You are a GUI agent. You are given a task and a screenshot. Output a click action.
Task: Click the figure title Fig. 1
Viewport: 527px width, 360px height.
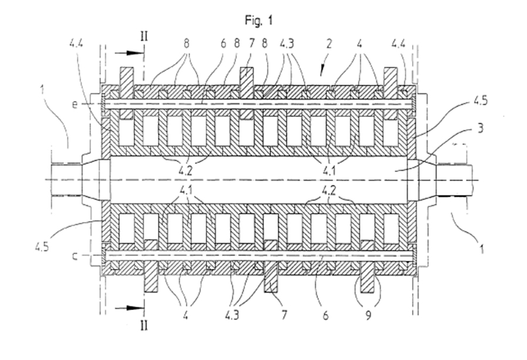coord(258,21)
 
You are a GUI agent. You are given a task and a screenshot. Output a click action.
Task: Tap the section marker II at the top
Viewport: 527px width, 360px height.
coord(144,36)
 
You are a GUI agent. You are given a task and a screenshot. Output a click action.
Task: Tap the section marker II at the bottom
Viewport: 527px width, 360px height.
coord(144,326)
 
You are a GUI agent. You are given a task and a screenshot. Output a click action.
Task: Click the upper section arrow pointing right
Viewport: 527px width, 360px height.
coord(129,53)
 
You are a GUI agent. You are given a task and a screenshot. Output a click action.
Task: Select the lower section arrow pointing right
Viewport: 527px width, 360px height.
coord(129,308)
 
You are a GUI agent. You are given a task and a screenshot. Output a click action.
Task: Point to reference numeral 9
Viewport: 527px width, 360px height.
coord(369,315)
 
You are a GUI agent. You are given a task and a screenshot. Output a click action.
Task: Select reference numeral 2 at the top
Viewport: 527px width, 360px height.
coord(329,43)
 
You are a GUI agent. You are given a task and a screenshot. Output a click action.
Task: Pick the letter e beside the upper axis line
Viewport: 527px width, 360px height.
coord(75,104)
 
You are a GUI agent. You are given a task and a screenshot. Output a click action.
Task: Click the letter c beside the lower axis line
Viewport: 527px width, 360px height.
coord(75,257)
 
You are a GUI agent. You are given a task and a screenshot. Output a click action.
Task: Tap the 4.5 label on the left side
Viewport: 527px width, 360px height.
coord(42,247)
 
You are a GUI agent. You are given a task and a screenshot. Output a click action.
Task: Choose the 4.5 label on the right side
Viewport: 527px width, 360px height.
coord(481,100)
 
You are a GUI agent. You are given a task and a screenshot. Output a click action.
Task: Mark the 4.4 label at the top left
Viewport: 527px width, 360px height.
coord(76,43)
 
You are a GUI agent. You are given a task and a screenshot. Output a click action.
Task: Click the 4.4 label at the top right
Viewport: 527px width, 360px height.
coord(398,43)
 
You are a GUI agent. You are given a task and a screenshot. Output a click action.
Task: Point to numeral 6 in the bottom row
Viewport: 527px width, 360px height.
coord(325,315)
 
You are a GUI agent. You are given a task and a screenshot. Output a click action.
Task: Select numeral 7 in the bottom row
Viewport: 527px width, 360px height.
coord(285,315)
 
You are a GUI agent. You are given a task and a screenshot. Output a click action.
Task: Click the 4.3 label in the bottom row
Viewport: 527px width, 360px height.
coord(232,315)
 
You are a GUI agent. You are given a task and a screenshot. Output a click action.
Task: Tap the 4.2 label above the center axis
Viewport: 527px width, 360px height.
coord(185,171)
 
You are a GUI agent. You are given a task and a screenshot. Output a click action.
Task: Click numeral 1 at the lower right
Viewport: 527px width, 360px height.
coord(481,250)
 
